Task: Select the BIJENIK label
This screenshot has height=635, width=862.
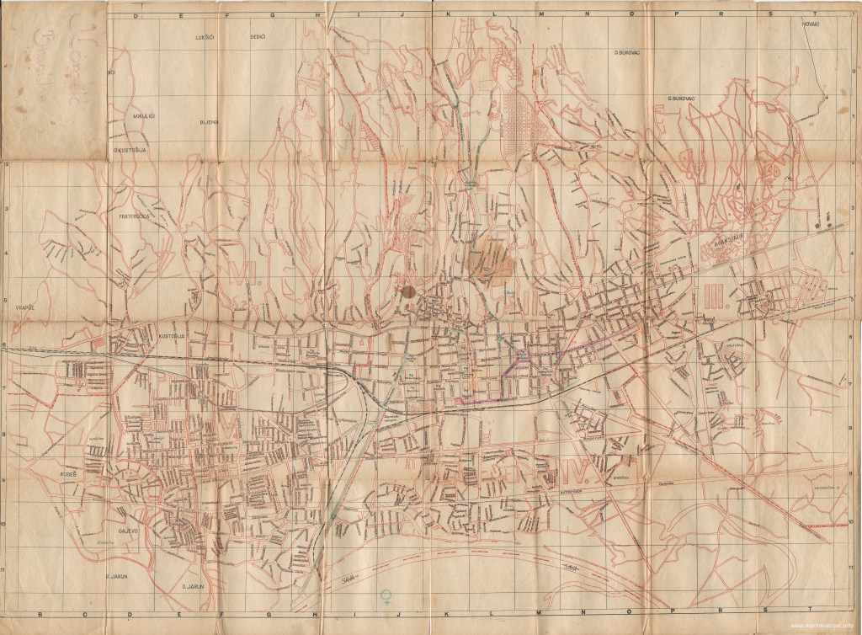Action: pyautogui.click(x=209, y=121)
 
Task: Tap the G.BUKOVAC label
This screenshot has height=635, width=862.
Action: pyautogui.click(x=679, y=98)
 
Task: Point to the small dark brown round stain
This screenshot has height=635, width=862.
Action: pyautogui.click(x=407, y=291)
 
